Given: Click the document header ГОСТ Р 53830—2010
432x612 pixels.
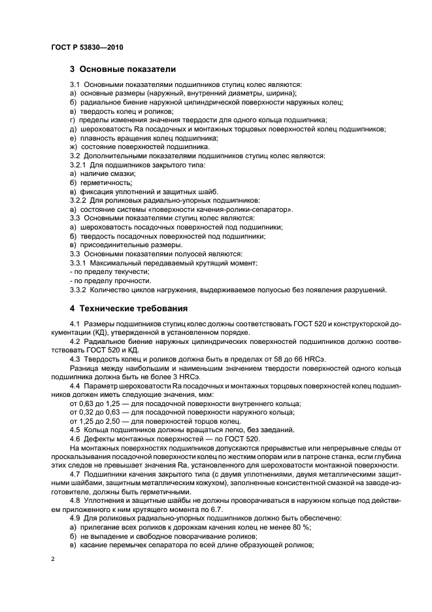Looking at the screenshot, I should pyautogui.click(x=86, y=48).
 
